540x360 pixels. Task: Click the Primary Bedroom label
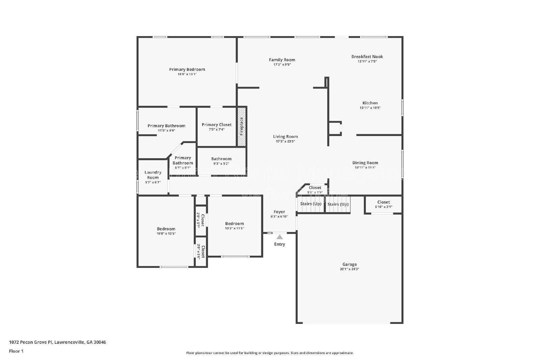point(187,70)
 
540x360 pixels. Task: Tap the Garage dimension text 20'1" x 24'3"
point(349,269)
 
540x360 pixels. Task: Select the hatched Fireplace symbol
point(241,127)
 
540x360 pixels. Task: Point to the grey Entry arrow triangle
point(279,237)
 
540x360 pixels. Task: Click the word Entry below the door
point(279,244)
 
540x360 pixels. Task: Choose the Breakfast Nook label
point(367,57)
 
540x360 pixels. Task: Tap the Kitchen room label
point(370,103)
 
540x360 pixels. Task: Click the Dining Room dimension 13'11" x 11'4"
point(365,167)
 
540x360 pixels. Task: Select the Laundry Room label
point(153,175)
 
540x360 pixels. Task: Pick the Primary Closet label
point(216,124)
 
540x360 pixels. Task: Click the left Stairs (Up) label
point(310,204)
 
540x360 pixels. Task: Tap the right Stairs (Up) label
point(338,204)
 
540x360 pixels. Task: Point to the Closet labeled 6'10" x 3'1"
point(383,202)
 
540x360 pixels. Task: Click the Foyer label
point(279,212)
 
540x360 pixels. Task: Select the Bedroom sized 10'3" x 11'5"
point(234,224)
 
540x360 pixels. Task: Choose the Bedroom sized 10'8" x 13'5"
point(166,229)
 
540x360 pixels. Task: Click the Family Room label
point(282,60)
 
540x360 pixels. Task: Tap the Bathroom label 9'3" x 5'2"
point(221,159)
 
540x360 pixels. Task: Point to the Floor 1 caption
point(16,351)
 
